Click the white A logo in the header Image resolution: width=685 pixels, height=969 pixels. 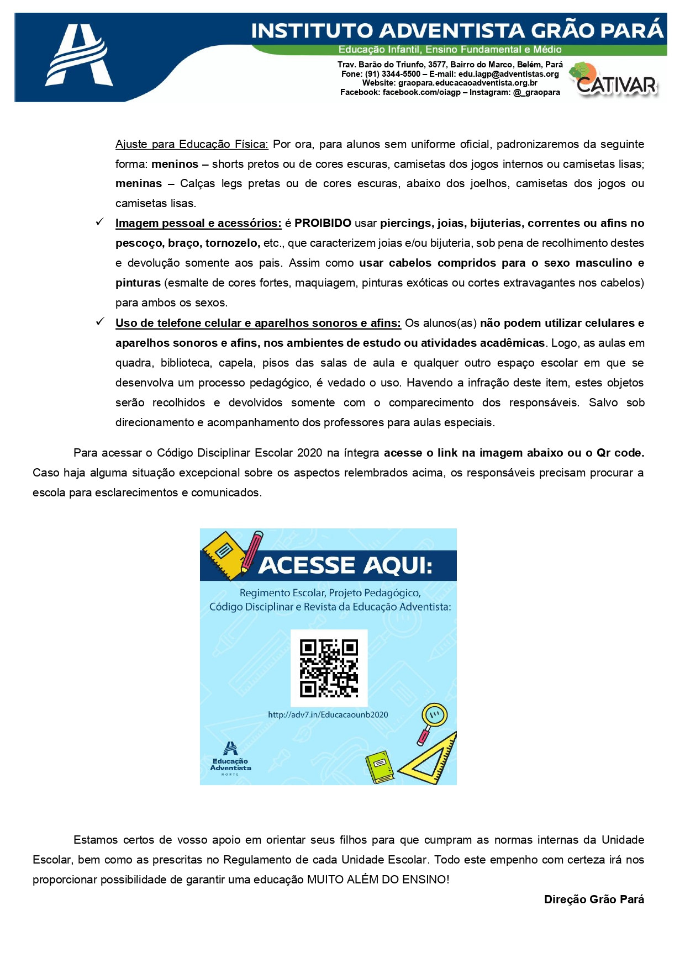pyautogui.click(x=79, y=56)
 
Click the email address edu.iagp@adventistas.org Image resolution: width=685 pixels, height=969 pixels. pyautogui.click(x=508, y=74)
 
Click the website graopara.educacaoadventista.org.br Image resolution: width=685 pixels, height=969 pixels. pyautogui.click(x=467, y=83)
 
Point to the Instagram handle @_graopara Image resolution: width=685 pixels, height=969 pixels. pyautogui.click(x=536, y=92)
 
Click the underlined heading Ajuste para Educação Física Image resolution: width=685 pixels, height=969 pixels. pyautogui.click(x=192, y=144)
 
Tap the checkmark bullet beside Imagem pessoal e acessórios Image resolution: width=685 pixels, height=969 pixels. pyautogui.click(x=100, y=222)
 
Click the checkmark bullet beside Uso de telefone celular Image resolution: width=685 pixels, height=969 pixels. pyautogui.click(x=100, y=322)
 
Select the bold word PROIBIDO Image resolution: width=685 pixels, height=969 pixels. pyautogui.click(x=323, y=223)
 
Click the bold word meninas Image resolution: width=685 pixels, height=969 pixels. pyautogui.click(x=139, y=183)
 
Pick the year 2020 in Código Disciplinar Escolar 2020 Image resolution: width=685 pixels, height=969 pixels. pyautogui.click(x=309, y=453)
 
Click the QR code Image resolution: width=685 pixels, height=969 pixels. pyautogui.click(x=329, y=668)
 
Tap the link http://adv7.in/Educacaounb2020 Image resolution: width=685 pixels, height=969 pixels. pyautogui.click(x=328, y=714)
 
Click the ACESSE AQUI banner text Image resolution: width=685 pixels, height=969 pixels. pyautogui.click(x=345, y=565)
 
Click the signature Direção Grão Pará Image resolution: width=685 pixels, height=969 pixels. pyautogui.click(x=594, y=899)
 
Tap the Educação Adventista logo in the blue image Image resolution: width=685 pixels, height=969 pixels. pyautogui.click(x=230, y=759)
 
